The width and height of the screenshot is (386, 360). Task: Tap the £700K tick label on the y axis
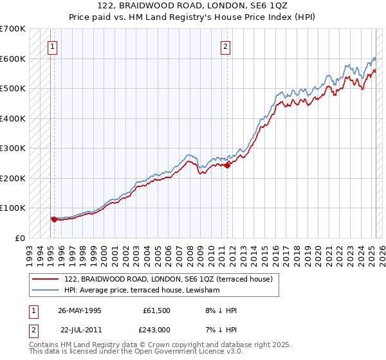[13, 29]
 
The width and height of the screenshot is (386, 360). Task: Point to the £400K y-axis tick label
[13, 118]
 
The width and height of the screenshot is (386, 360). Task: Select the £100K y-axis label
[13, 208]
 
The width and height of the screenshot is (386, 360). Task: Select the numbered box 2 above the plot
[226, 46]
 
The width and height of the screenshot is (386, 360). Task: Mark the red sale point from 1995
[54, 219]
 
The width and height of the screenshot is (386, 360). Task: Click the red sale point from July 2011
[227, 165]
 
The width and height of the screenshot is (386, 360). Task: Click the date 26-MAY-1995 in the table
[80, 310]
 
